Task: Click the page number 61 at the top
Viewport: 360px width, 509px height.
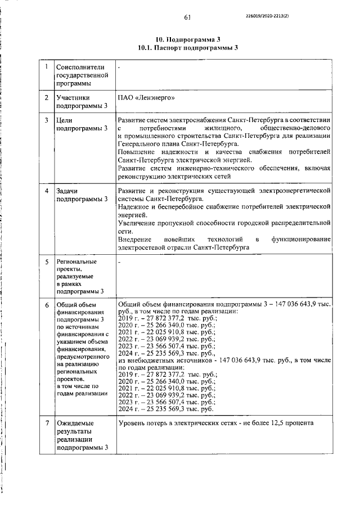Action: coord(187,17)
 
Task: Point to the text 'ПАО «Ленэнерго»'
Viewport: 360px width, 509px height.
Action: coord(146,97)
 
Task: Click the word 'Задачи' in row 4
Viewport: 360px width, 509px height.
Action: coord(67,191)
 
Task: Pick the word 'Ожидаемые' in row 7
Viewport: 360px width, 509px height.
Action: coord(75,422)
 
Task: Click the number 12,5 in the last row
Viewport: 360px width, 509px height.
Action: coord(283,423)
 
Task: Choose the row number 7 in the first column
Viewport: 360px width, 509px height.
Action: coord(47,422)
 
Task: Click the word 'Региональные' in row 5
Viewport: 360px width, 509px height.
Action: coord(76,262)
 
